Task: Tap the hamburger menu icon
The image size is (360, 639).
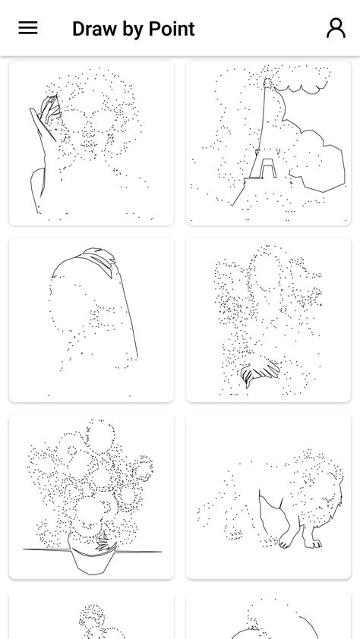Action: click(28, 28)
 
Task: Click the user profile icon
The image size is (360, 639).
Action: click(335, 28)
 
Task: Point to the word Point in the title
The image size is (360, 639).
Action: click(172, 29)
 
